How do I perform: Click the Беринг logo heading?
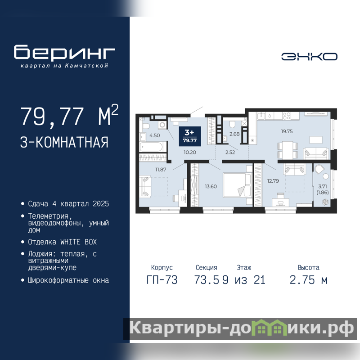pyautogui.click(x=64, y=52)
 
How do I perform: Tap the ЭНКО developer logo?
pyautogui.click(x=309, y=57)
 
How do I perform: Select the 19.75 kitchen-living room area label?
pyautogui.click(x=287, y=131)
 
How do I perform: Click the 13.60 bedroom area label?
pyautogui.click(x=211, y=186)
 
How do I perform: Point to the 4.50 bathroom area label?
pyautogui.click(x=154, y=135)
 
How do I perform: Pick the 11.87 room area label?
pyautogui.click(x=161, y=170)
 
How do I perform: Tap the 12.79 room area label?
pyautogui.click(x=273, y=181)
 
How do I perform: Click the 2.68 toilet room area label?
pyautogui.click(x=234, y=134)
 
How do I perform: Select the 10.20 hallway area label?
pyautogui.click(x=190, y=152)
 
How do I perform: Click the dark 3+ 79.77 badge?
pyautogui.click(x=190, y=136)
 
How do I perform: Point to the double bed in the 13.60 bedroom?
pyautogui.click(x=237, y=185)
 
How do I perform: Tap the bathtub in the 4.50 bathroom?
pyautogui.click(x=152, y=147)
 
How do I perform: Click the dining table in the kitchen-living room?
pyautogui.click(x=288, y=150)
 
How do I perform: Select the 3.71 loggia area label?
pyautogui.click(x=323, y=186)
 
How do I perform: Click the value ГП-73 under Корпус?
pyautogui.click(x=162, y=280)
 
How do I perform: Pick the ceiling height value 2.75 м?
pyautogui.click(x=309, y=280)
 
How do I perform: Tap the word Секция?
pyautogui.click(x=207, y=267)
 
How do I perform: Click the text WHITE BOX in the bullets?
pyautogui.click(x=78, y=242)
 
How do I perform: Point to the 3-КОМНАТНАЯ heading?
pyautogui.click(x=64, y=142)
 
